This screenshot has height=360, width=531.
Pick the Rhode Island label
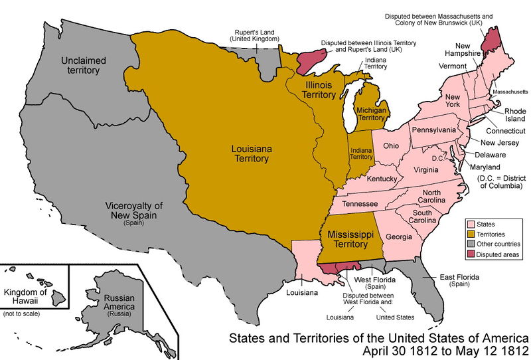coord(514,116)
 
